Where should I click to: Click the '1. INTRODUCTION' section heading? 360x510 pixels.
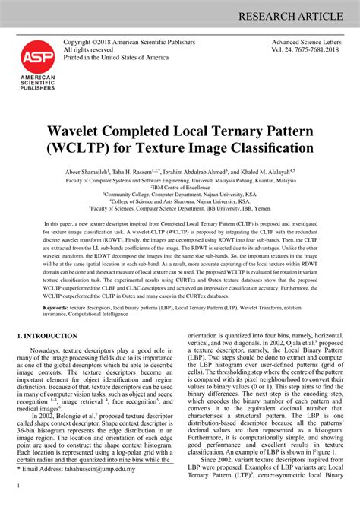coord(46,335)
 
